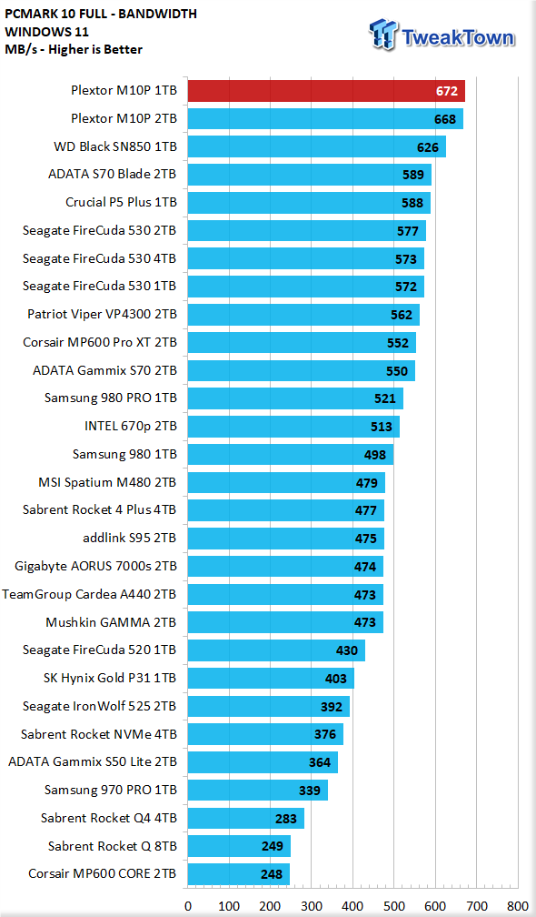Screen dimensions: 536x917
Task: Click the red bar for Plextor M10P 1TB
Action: coord(326,91)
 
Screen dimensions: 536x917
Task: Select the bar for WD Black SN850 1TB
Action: coord(316,146)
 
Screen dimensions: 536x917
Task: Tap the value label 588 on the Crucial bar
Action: coord(412,203)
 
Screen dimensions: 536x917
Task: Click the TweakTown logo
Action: coord(442,35)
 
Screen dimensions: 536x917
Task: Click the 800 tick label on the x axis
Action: coord(517,906)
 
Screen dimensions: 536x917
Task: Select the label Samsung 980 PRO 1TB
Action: coord(110,398)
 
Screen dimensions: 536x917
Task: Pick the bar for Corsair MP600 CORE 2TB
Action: coord(238,874)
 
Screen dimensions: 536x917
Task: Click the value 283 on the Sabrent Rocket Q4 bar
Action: coord(286,818)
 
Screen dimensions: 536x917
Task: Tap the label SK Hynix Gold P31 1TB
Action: coord(110,679)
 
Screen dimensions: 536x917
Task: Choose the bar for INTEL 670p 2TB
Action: coord(293,427)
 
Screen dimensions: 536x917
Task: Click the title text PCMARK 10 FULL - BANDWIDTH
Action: coord(101,14)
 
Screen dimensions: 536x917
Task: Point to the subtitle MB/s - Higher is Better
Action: coord(73,49)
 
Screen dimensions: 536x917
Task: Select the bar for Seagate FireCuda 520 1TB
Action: coord(276,650)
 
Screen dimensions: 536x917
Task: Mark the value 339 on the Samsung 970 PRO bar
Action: coord(310,790)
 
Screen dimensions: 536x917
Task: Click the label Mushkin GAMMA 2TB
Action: coord(111,622)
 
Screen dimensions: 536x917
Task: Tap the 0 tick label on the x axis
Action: coord(187,906)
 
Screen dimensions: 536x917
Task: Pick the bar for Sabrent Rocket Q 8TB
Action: coord(239,846)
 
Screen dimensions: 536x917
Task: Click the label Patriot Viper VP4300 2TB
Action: coord(102,314)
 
